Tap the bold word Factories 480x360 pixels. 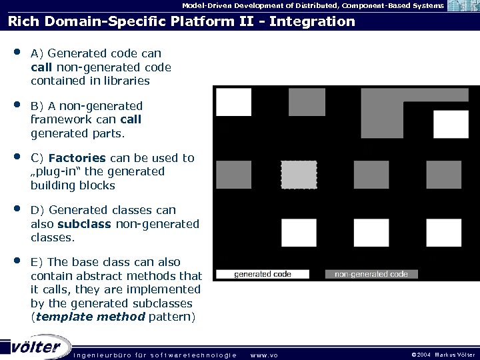pos(77,158)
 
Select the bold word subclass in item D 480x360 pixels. pos(85,224)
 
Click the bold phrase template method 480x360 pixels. pos(89,317)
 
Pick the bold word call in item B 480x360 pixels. pos(131,120)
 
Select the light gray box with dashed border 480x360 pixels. pos(299,175)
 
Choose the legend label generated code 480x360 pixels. pos(263,274)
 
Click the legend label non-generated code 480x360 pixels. pos(371,274)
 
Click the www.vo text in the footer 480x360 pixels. pos(264,355)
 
